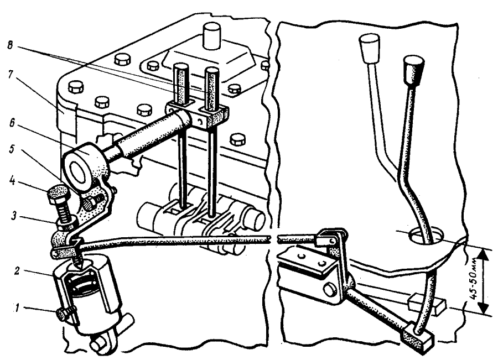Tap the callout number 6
12,123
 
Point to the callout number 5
12,149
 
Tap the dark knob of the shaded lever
413,71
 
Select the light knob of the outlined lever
369,49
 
